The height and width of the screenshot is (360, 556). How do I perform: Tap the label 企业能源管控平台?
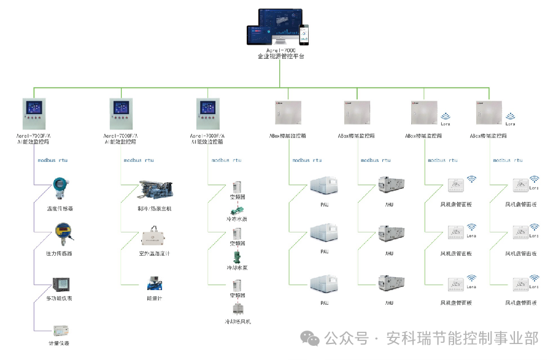point(280,56)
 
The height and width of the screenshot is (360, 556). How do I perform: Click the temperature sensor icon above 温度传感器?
point(60,187)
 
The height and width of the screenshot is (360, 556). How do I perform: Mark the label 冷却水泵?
point(237,268)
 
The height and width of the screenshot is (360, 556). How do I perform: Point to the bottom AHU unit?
point(390,286)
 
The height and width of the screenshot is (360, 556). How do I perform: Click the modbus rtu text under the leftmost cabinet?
point(52,160)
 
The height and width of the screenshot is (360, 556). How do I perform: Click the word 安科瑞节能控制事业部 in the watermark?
point(462,338)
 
